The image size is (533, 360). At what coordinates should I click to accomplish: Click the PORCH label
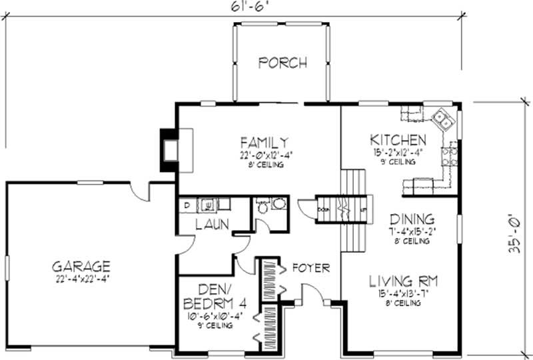click(282, 63)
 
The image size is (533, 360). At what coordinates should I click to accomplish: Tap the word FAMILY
click(265, 142)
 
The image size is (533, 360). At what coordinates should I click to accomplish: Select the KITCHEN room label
click(398, 140)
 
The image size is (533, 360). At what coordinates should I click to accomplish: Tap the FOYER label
click(310, 268)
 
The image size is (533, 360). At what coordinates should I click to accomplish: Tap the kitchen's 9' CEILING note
click(398, 162)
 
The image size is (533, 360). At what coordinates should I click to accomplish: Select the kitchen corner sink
click(442, 121)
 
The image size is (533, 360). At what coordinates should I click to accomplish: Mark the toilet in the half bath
click(263, 207)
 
